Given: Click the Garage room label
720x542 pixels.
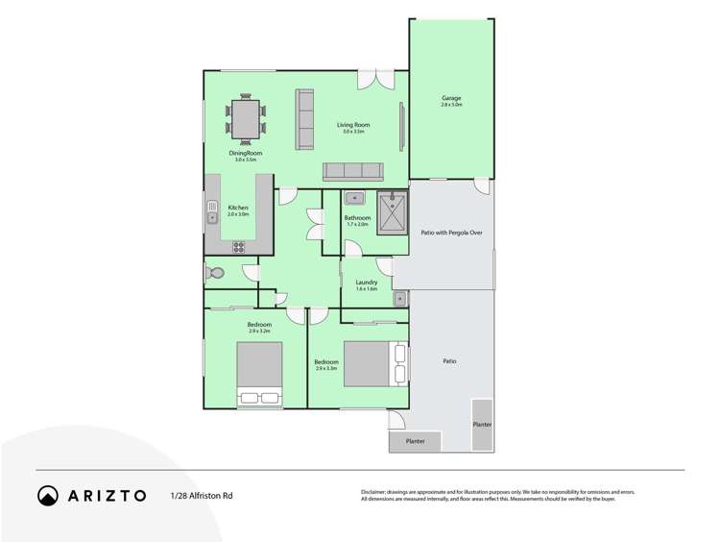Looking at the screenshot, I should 451,100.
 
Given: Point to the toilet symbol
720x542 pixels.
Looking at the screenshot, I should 215,274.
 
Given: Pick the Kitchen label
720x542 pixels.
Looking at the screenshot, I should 237,209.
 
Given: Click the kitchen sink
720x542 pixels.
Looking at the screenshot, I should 212,209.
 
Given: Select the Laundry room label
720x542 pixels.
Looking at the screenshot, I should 367,284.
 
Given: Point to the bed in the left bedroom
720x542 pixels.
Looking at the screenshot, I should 259,374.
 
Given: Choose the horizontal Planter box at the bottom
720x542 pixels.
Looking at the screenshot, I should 416,441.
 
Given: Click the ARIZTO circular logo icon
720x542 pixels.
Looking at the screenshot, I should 48,496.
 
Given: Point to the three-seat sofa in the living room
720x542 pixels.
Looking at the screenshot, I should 352,172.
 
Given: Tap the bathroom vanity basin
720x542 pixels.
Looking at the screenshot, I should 353,199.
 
